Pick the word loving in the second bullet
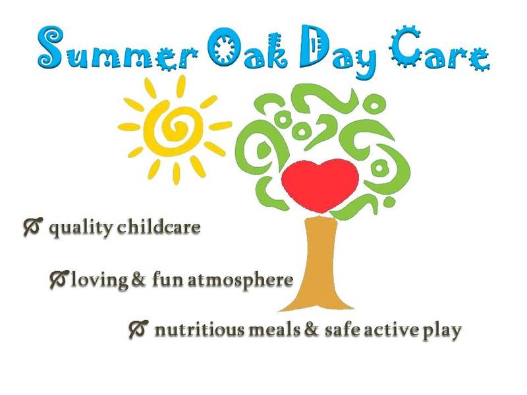coord(101,279)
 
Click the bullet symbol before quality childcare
coord(32,227)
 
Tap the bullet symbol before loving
coord(59,278)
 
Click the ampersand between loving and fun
coord(139,279)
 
